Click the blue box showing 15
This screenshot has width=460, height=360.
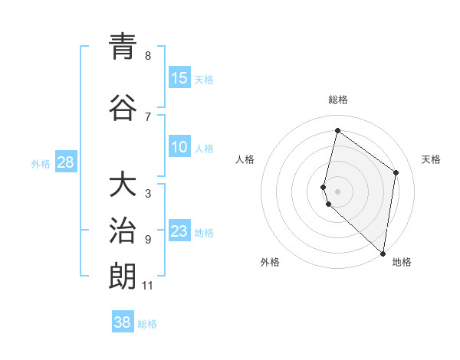click(179, 78)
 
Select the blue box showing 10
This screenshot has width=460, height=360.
click(179, 148)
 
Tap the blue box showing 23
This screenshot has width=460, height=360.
click(179, 231)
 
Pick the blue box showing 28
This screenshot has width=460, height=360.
click(66, 162)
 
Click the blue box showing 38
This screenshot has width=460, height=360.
click(123, 322)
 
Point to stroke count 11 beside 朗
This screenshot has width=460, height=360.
click(148, 286)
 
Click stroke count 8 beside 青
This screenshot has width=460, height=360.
click(148, 56)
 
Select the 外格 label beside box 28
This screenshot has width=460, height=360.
click(41, 163)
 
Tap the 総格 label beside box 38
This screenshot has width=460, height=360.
click(147, 324)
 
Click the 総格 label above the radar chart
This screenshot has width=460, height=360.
click(338, 100)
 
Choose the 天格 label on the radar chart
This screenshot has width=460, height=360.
click(431, 159)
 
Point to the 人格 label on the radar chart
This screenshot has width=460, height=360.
click(245, 159)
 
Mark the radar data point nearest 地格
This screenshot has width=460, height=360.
click(383, 254)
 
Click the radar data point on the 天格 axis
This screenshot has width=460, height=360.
click(396, 172)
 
